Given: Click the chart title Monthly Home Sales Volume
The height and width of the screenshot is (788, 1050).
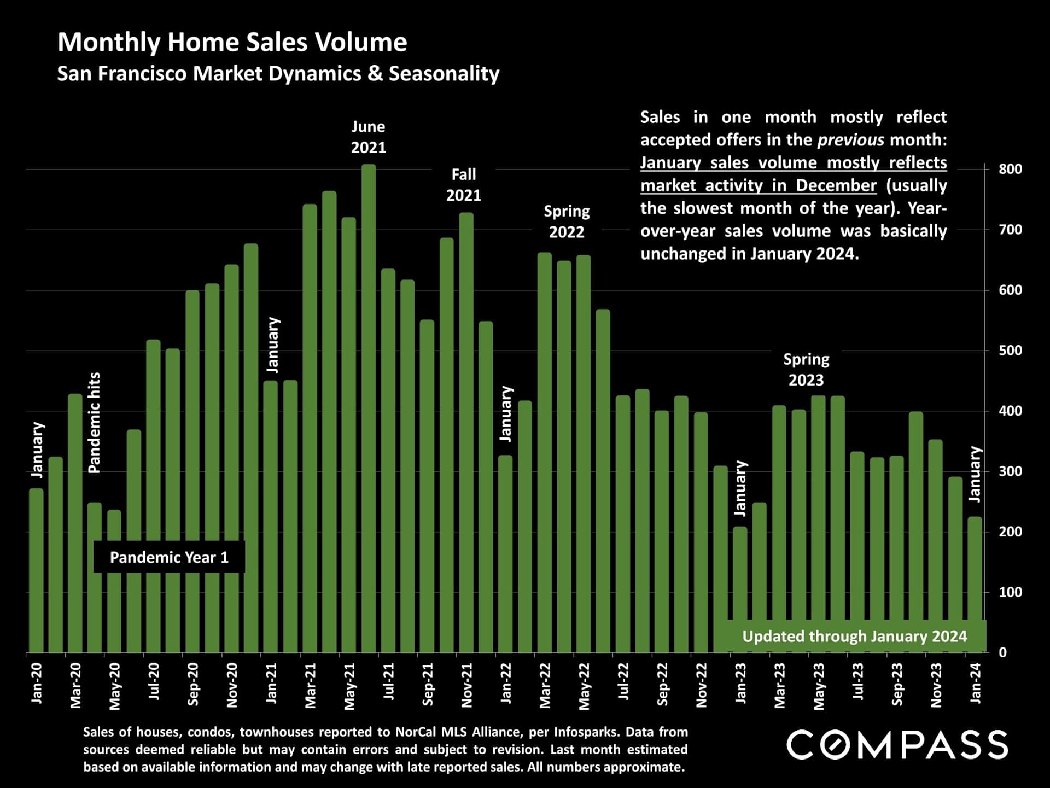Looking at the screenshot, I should [232, 43].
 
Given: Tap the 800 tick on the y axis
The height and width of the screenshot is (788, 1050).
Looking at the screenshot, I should [1010, 170].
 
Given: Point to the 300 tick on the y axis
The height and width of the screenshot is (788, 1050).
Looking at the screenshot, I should [1010, 471].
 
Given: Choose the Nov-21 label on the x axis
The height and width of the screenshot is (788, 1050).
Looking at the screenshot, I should [466, 685].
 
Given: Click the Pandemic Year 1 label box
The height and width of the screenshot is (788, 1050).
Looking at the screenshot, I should [169, 557].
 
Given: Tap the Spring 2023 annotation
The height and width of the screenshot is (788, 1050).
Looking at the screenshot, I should [806, 370].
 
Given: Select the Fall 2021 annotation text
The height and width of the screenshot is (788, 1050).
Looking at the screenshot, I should [463, 185].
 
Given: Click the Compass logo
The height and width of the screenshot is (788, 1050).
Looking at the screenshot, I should [897, 745].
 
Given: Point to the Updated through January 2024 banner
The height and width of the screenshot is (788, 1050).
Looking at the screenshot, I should [854, 637].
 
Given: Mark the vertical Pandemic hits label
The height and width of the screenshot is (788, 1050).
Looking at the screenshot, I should [95, 423].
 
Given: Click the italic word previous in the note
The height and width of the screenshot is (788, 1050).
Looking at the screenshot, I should [850, 140].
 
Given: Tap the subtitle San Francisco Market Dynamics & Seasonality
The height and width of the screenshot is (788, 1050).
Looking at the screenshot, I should [278, 74].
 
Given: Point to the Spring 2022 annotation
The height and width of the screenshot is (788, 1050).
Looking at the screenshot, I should [567, 221].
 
